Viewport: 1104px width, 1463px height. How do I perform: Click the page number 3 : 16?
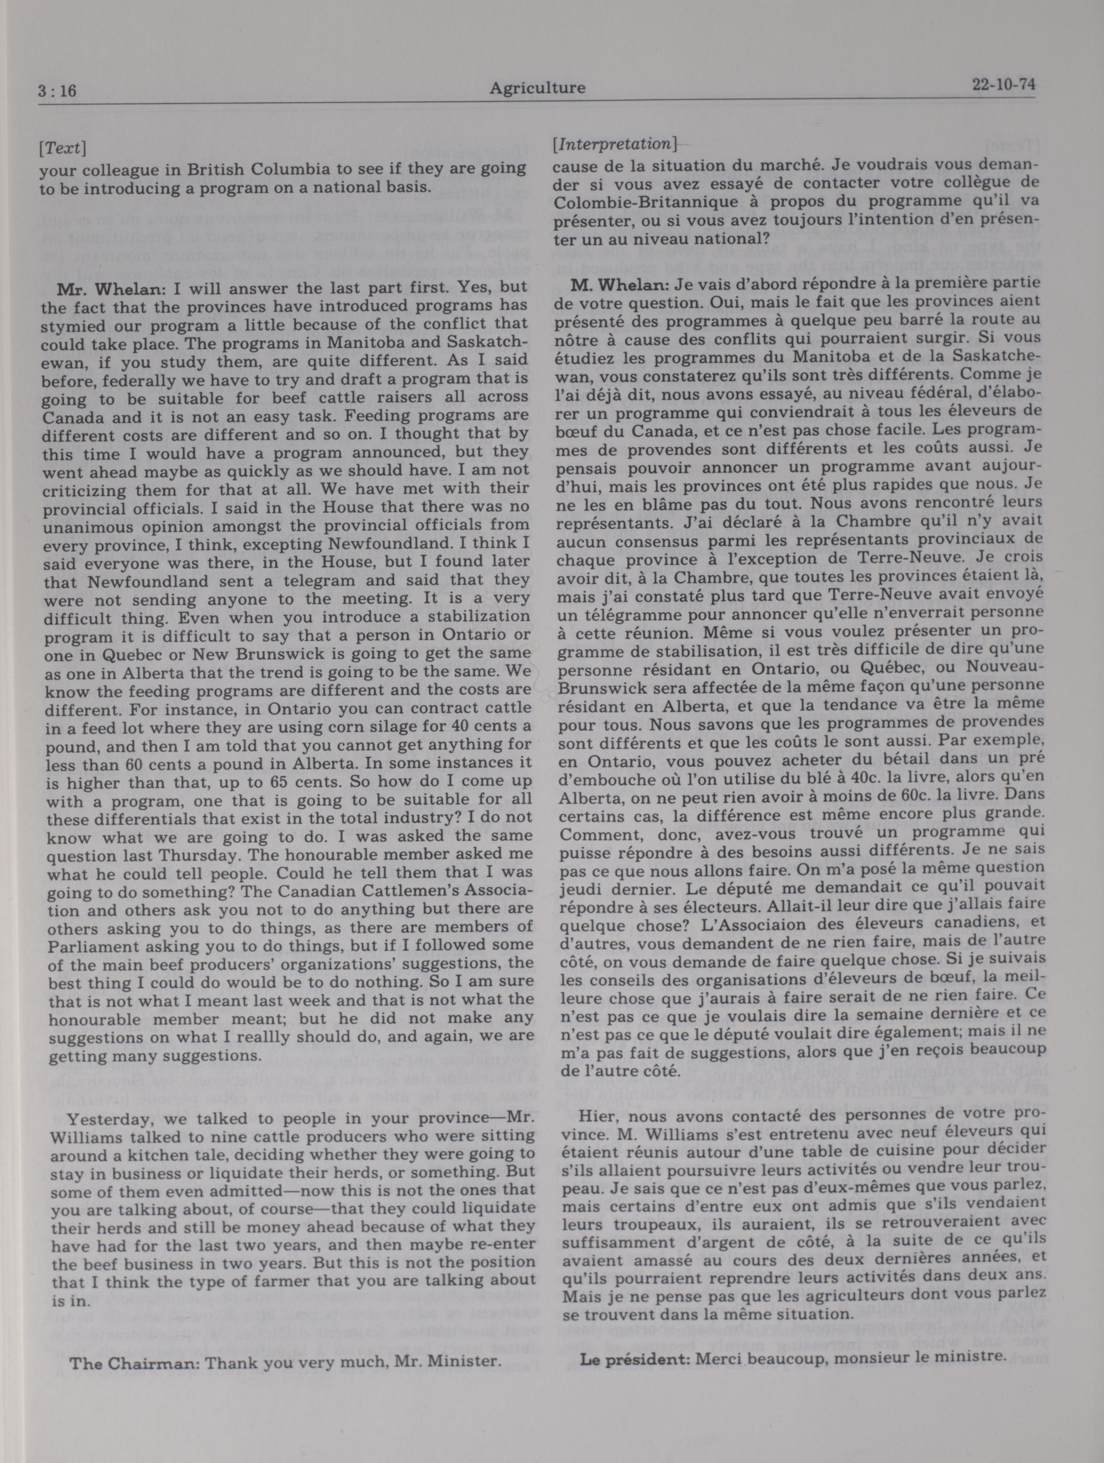click(57, 90)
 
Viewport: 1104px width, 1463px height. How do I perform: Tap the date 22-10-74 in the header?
click(1003, 85)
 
